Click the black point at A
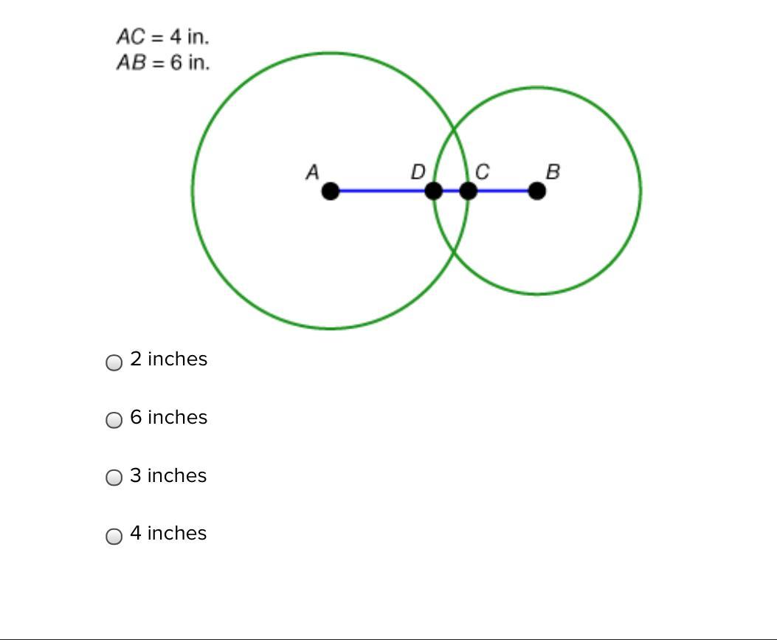(331, 191)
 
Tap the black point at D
(434, 191)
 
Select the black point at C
(468, 191)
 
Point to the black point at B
(537, 191)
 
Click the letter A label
(312, 173)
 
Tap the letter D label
(418, 173)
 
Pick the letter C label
(483, 173)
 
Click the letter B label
(553, 172)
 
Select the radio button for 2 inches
(114, 362)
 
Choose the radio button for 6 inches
(114, 420)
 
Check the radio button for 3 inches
(114, 478)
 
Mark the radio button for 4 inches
(114, 536)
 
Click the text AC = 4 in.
(162, 36)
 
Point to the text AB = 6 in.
(162, 63)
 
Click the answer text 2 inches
(168, 359)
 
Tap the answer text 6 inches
(168, 417)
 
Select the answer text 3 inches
(168, 475)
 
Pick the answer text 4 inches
(168, 533)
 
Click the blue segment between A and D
(382, 191)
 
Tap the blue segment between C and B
(503, 191)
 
